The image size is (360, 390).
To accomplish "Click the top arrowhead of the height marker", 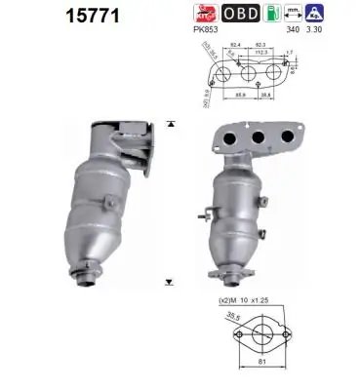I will (171, 123).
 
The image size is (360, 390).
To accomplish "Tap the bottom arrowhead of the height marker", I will (171, 281).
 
